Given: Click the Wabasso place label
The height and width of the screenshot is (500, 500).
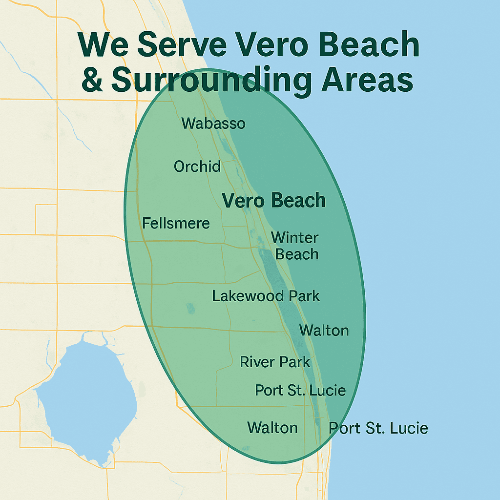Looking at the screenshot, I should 213,123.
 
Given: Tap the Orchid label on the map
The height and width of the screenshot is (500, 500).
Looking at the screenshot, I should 197,167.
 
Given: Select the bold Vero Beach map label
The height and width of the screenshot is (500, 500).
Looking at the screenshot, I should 274,201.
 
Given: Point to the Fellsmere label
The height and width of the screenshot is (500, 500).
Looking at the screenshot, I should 176,224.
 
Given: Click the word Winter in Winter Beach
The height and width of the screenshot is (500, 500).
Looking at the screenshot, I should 294,238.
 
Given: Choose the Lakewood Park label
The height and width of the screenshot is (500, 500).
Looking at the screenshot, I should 266,296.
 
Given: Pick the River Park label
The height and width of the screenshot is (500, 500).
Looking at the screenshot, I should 275,362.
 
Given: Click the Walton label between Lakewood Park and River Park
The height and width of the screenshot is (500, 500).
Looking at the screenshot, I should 324,331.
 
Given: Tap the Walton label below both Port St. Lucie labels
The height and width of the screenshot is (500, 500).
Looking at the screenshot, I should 272,428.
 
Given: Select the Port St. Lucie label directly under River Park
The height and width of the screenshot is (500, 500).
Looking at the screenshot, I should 300,391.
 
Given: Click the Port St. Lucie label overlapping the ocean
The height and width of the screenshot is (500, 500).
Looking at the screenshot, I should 378,428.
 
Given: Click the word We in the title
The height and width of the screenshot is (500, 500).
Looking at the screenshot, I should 102,45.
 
